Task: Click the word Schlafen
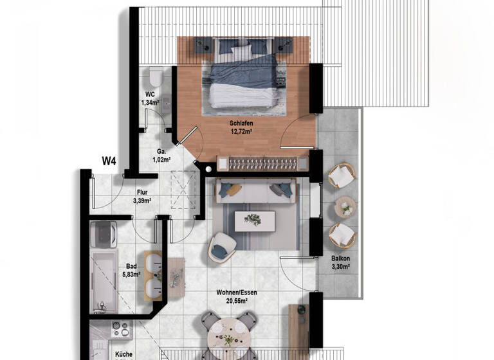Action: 240,122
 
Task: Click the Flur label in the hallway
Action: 142,192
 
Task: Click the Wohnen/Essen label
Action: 237,292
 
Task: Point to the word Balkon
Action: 341,259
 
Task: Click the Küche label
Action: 123,354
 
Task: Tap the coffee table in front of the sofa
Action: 255,221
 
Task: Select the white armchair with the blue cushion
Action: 221,246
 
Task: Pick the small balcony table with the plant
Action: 346,206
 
